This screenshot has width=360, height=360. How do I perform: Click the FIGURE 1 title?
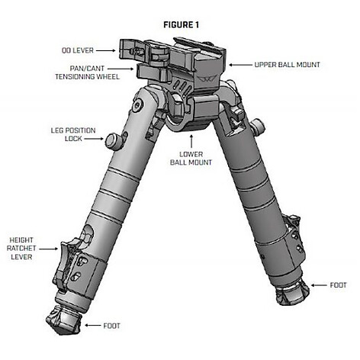pyautogui.click(x=181, y=25)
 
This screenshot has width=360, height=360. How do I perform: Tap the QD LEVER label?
pyautogui.click(x=78, y=50)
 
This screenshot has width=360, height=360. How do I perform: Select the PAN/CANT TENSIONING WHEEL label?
pyautogui.click(x=87, y=72)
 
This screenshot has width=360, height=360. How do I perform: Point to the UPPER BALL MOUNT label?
pyautogui.click(x=287, y=65)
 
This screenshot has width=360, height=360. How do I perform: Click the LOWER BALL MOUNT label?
pyautogui.click(x=191, y=159)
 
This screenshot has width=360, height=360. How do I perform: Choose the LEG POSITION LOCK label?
pyautogui.click(x=73, y=134)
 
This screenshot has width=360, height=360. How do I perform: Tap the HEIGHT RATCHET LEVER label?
pyautogui.click(x=21, y=249)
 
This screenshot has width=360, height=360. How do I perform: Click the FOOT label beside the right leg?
pyautogui.click(x=338, y=285)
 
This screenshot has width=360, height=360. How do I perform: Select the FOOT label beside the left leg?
pyautogui.click(x=111, y=326)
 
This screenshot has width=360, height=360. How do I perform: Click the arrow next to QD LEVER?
pyautogui.click(x=105, y=50)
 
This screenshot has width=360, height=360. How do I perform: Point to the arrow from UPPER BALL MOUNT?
pyautogui.click(x=240, y=65)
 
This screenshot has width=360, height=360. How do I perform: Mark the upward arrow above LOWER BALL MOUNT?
pyautogui.click(x=191, y=141)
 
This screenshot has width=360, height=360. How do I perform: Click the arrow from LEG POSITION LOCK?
pyautogui.click(x=94, y=139)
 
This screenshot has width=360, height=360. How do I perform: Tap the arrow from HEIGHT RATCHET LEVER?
pyautogui.click(x=48, y=249)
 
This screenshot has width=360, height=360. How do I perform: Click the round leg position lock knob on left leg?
pyautogui.click(x=112, y=140)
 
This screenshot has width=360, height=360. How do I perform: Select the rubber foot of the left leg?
pyautogui.click(x=63, y=319)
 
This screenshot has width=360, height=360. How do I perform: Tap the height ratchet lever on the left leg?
pyautogui.click(x=66, y=259)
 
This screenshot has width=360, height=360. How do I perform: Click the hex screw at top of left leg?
pyautogui.click(x=138, y=104)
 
